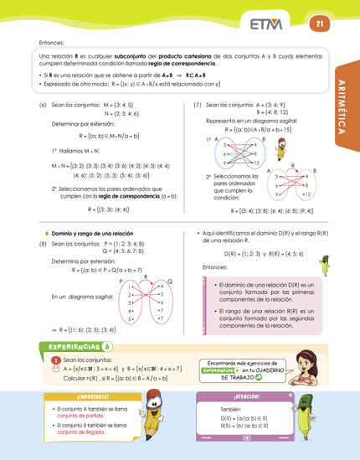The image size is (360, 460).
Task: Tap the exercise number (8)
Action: tap(43, 242)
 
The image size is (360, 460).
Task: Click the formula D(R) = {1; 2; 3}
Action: tap(244, 252)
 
